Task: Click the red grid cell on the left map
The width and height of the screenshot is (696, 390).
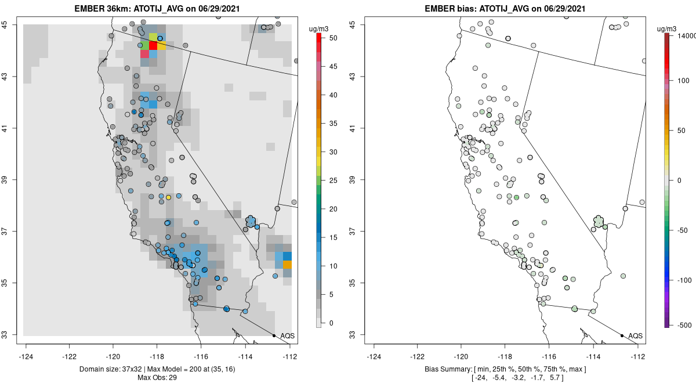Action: (x=153, y=45)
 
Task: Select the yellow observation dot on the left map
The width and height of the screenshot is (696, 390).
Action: (x=168, y=197)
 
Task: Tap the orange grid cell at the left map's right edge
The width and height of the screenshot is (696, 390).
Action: (x=287, y=265)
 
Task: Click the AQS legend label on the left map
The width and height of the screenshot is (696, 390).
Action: (x=288, y=336)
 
